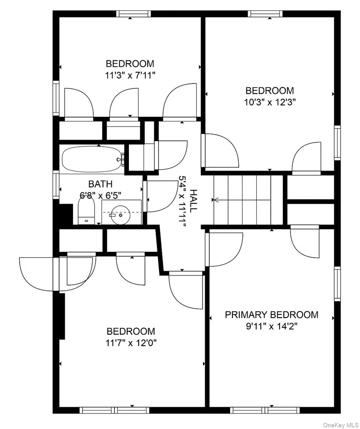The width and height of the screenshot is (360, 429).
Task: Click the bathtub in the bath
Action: tap(92, 160)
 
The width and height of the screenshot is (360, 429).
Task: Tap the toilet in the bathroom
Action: tap(86, 211)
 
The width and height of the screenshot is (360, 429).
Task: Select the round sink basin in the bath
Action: tap(120, 215)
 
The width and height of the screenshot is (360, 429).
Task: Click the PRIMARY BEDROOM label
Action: tap(271, 315)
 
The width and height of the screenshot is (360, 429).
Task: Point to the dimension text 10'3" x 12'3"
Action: tap(270, 102)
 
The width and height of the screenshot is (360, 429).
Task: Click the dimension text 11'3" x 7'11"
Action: tap(130, 75)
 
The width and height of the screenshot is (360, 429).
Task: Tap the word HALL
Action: tap(193, 201)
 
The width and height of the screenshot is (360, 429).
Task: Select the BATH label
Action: tap(100, 184)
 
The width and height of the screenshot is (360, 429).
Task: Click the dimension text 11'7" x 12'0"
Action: tap(131, 343)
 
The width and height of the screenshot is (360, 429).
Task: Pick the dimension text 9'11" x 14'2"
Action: tap(272, 326)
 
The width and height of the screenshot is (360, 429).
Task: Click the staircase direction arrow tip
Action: tap(213, 200)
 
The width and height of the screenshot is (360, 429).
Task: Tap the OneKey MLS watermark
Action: tap(341, 425)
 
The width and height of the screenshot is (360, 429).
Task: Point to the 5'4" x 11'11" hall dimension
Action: tap(183, 201)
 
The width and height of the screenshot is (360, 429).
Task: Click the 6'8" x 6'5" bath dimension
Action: tap(100, 195)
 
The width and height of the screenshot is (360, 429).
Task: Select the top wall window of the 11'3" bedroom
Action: tap(134, 14)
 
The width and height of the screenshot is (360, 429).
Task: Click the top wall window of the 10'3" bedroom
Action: tap(265, 14)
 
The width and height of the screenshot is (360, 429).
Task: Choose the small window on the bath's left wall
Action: tap(56, 185)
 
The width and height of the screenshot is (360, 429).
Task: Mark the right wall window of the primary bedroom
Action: tap(337, 284)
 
